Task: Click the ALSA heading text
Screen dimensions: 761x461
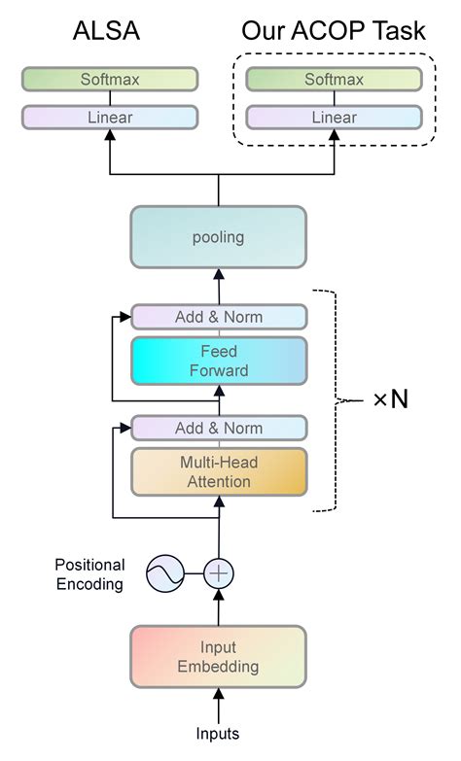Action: [x=107, y=32]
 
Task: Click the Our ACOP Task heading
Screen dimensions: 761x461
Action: [x=333, y=32]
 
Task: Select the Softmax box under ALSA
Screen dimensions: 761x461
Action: [x=109, y=79]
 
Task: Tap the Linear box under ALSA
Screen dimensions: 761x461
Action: [x=109, y=118]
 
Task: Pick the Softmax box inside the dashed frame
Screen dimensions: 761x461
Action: [x=334, y=79]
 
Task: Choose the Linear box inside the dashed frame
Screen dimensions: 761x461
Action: [x=334, y=118]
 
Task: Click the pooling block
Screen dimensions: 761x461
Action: [x=218, y=236]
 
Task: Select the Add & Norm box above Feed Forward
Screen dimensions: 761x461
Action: [x=219, y=317]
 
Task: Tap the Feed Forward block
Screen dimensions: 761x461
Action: [x=219, y=361]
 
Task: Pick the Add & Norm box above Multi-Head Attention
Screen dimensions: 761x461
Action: [x=219, y=428]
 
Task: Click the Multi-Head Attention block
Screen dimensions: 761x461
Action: [x=219, y=472]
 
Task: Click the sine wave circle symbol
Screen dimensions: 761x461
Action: [x=164, y=574]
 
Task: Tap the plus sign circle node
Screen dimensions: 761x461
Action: [x=219, y=574]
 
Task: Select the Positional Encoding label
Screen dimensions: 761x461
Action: [x=89, y=574]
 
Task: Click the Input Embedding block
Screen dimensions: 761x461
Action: [x=219, y=656]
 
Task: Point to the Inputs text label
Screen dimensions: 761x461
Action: [x=219, y=734]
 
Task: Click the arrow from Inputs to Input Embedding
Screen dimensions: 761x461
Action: [x=219, y=705]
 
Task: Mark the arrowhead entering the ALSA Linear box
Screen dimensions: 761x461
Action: [x=109, y=136]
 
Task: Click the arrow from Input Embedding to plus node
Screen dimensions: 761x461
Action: [x=219, y=609]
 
